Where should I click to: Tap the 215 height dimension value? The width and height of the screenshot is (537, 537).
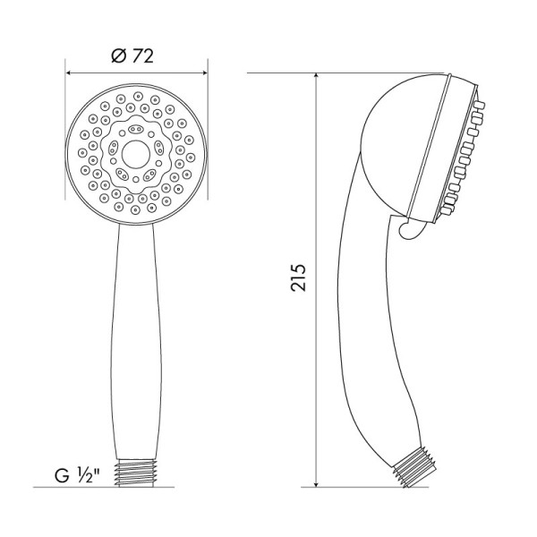(x=299, y=279)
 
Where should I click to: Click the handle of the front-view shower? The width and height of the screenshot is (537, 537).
(x=136, y=340)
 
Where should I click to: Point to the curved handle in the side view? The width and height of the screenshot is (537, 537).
(x=367, y=340)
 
